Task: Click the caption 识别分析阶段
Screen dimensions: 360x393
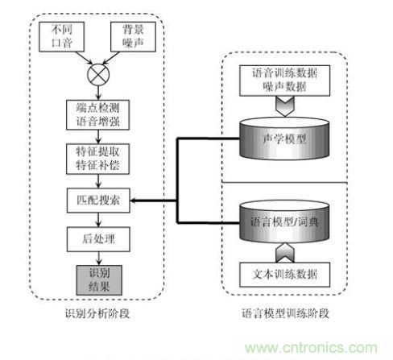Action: click(93, 313)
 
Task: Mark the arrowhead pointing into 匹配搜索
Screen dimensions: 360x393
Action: click(134, 199)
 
